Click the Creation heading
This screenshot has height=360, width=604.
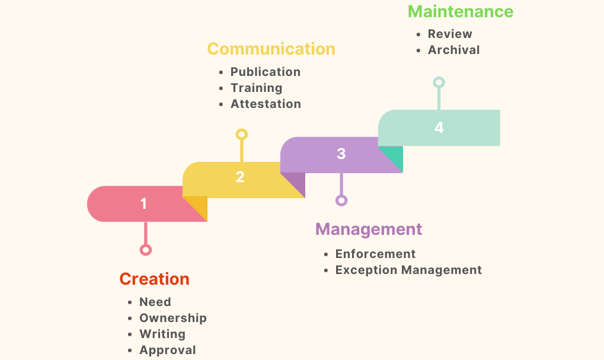coord(155,279)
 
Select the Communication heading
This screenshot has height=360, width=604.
coord(271,49)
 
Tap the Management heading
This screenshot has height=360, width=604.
coord(369,230)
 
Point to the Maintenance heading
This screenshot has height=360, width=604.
coord(461,11)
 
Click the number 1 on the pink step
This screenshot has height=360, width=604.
coord(143,203)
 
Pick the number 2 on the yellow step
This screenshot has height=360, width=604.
coord(240,177)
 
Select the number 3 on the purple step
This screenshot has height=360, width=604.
coord(341,154)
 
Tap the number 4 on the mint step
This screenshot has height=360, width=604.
coord(439,127)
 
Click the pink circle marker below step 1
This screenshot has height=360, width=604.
coord(146,250)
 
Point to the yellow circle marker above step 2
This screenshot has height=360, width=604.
coord(241,135)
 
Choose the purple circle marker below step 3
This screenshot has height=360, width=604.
coord(341,200)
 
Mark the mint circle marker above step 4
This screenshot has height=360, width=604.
coord(439,82)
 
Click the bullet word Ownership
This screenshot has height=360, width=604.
coord(173,318)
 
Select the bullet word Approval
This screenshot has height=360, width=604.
coord(168,350)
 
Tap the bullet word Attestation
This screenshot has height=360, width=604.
coord(266,104)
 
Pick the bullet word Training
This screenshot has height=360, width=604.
coord(257,88)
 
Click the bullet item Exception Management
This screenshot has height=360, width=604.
coord(408,270)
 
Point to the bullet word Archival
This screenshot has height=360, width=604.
coord(454,50)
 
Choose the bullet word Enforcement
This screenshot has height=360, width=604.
coord(375,254)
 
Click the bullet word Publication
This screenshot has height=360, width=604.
coord(266,72)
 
